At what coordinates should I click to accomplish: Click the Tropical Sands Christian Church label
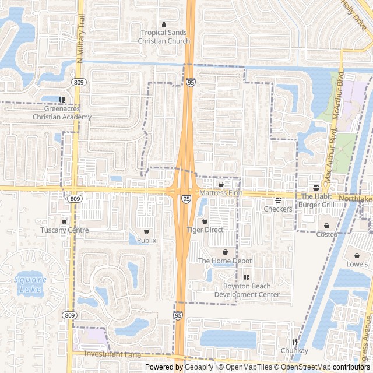pyautogui.click(x=164, y=37)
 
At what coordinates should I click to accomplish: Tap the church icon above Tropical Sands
pyautogui.click(x=164, y=24)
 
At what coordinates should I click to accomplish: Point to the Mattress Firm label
pyautogui.click(x=220, y=193)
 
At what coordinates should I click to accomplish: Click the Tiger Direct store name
pyautogui.click(x=205, y=230)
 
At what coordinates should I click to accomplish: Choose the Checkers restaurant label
pyautogui.click(x=278, y=209)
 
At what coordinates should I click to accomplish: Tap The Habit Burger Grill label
pyautogui.click(x=317, y=200)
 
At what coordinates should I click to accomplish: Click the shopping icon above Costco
pyautogui.click(x=326, y=226)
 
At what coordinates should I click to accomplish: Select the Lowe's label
pyautogui.click(x=356, y=264)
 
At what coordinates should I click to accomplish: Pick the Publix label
pyautogui.click(x=146, y=240)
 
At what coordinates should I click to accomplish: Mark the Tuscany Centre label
pyautogui.click(x=64, y=230)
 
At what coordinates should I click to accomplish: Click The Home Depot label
pyautogui.click(x=225, y=261)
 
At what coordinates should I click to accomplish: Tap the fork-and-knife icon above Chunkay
pyautogui.click(x=294, y=342)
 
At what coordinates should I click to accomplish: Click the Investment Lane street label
pyautogui.click(x=112, y=354)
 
